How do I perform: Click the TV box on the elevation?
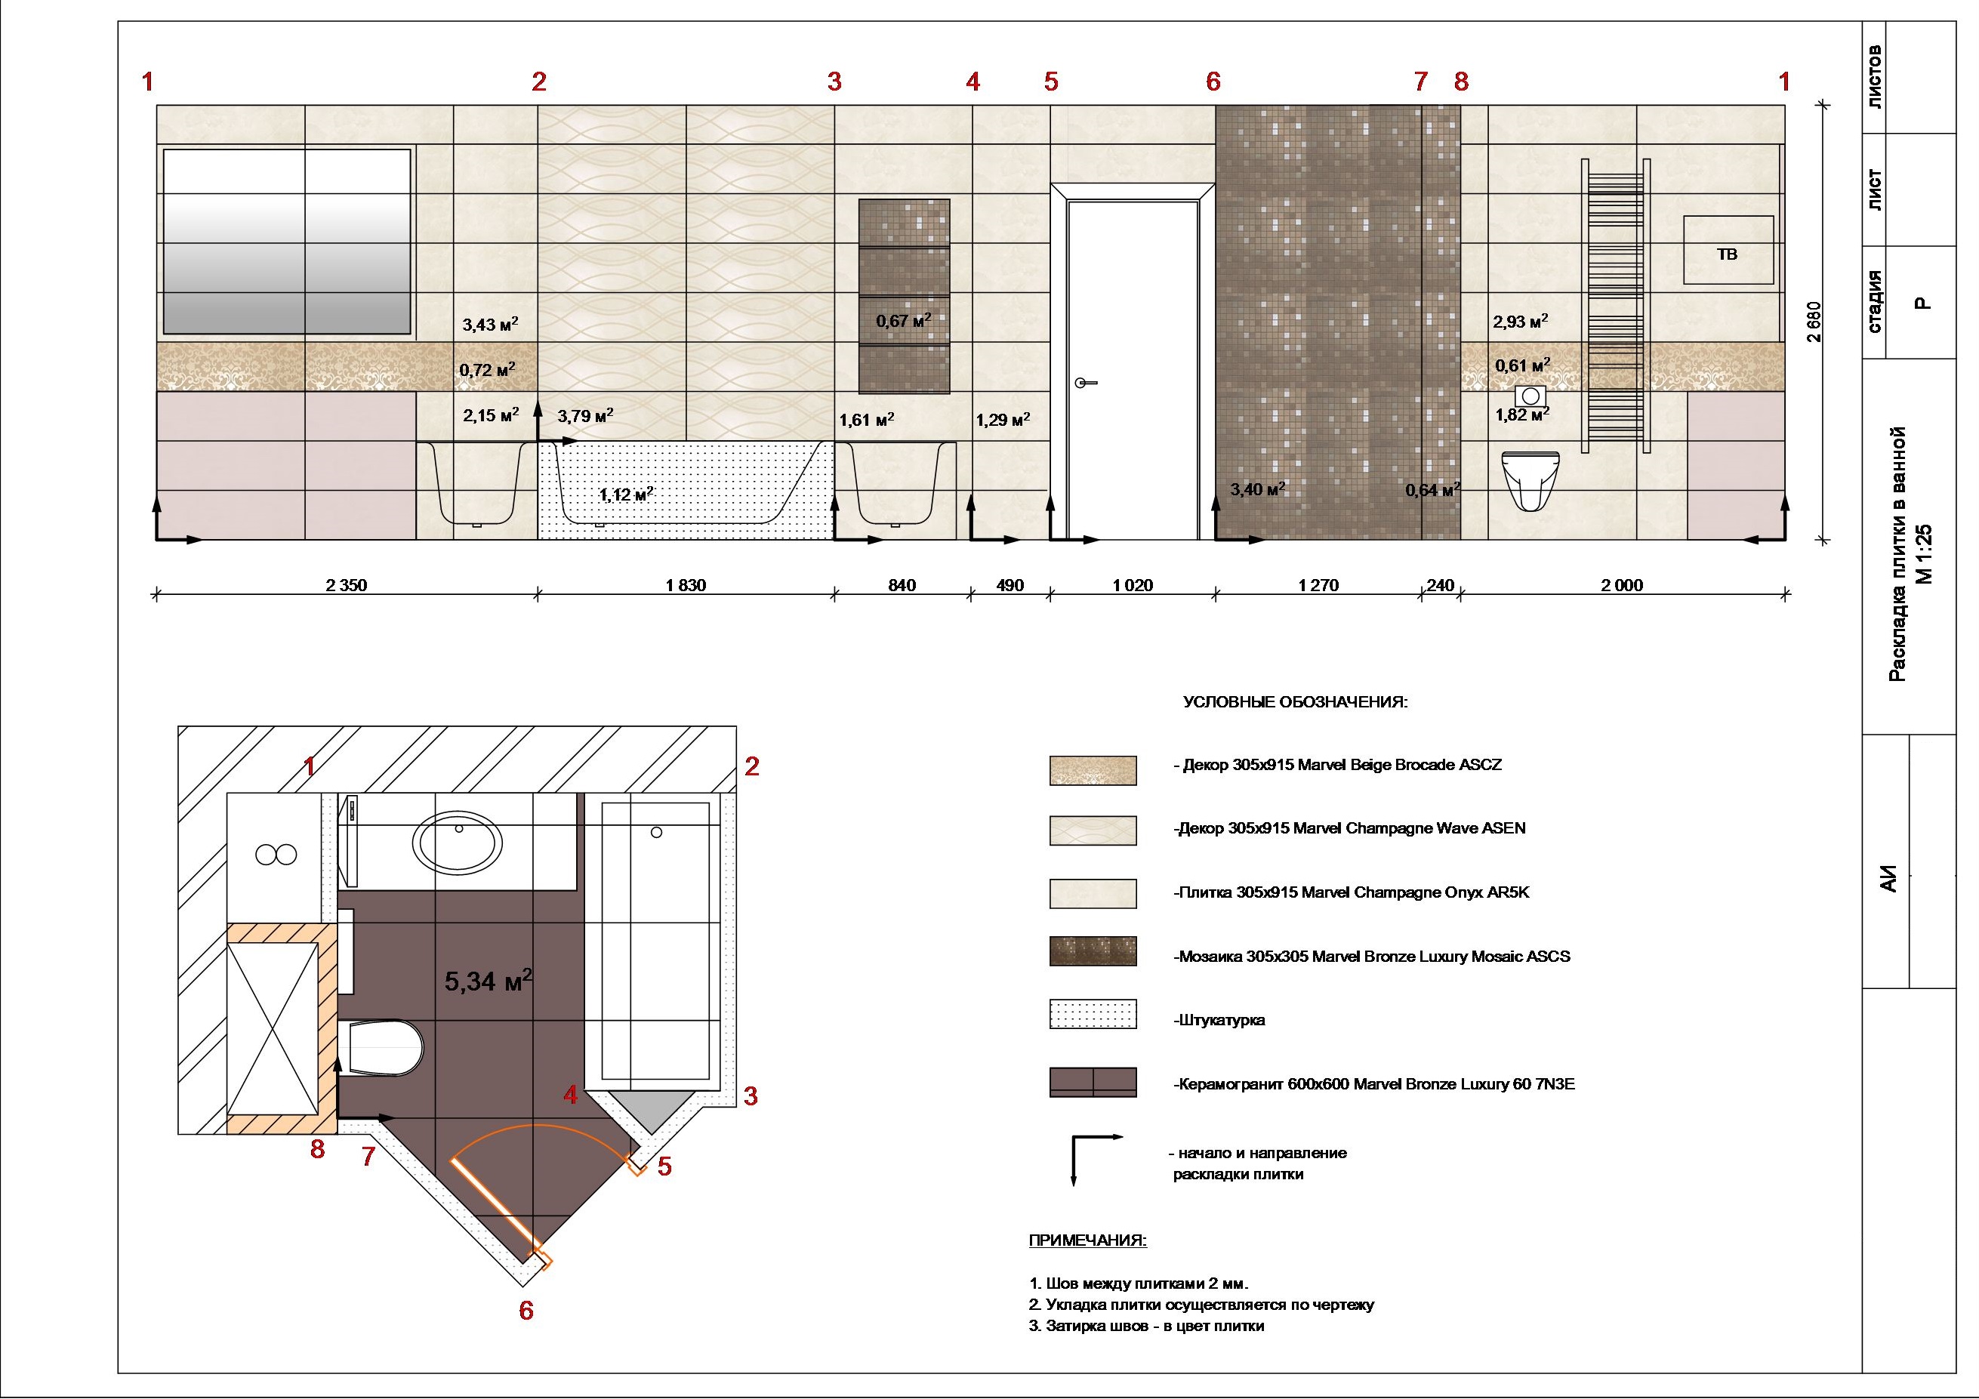point(1728,250)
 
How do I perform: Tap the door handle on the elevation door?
point(1085,383)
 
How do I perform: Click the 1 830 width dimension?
point(686,586)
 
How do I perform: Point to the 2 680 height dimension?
point(1814,322)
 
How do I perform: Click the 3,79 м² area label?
point(585,416)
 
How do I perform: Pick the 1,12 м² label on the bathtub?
point(627,495)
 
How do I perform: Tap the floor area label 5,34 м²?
point(489,980)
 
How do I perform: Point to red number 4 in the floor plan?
point(570,1095)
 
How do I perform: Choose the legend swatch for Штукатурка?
point(1093,1015)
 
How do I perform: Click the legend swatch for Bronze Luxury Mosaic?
point(1093,951)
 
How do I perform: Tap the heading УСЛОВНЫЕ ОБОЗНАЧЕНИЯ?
point(1295,702)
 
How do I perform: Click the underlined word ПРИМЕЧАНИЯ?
point(1088,1241)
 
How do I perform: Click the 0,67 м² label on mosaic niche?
point(903,321)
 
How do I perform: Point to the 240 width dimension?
point(1441,586)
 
